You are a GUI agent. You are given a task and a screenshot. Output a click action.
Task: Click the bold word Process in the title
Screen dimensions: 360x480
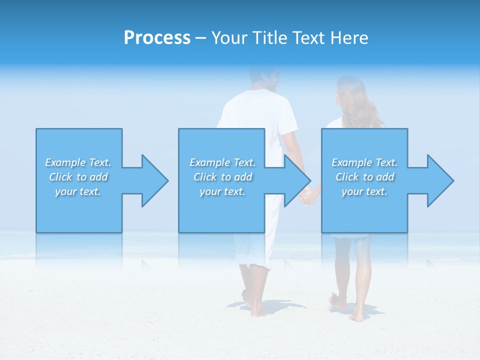(157, 38)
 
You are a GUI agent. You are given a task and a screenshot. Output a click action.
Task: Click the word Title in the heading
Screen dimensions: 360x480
(269, 38)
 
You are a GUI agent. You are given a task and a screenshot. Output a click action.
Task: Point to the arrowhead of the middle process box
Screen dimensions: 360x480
(294, 180)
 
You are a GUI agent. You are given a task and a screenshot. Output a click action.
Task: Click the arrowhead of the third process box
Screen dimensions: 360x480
(436, 180)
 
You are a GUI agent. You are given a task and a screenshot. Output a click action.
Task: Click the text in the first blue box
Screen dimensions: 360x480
(78, 177)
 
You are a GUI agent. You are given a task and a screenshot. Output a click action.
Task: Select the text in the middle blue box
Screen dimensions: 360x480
(222, 177)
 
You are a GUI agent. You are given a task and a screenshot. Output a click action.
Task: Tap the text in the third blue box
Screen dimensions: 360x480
(364, 177)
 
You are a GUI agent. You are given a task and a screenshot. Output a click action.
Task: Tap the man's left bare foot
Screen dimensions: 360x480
(257, 311)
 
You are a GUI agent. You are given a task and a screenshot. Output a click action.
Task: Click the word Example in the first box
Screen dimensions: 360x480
(65, 162)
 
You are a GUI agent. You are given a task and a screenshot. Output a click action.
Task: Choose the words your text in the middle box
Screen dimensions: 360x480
(222, 191)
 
